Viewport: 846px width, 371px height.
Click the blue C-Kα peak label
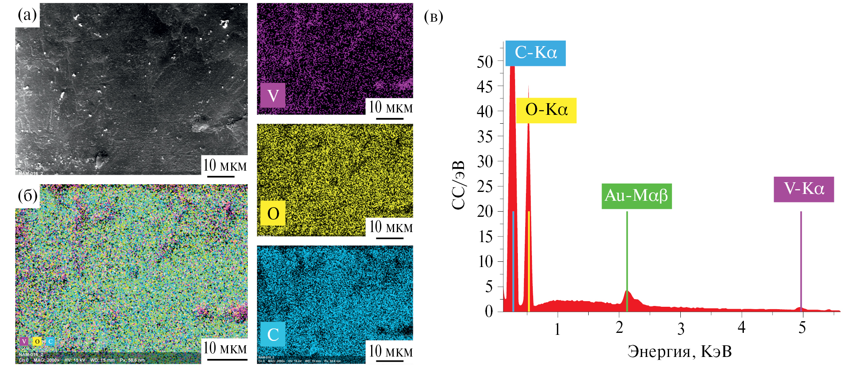pyautogui.click(x=535, y=53)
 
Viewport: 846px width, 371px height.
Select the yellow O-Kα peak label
pyautogui.click(x=546, y=110)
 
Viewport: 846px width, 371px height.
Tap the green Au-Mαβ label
pyautogui.click(x=636, y=196)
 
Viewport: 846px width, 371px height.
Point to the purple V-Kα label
pyautogui.click(x=803, y=189)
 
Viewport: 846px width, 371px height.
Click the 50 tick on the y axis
pyautogui.click(x=485, y=62)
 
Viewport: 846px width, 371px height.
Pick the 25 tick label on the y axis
pyautogui.click(x=485, y=187)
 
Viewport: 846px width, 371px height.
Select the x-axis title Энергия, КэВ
pyautogui.click(x=680, y=351)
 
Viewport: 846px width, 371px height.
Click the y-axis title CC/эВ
pyautogui.click(x=458, y=185)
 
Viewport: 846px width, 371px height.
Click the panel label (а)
pyautogui.click(x=27, y=15)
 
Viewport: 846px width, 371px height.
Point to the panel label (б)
pyautogui.click(x=28, y=196)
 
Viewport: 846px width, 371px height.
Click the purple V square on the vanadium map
pyautogui.click(x=273, y=96)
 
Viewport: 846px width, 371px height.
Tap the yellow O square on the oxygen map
pyautogui.click(x=273, y=213)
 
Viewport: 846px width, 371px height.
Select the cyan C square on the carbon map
pyautogui.click(x=273, y=334)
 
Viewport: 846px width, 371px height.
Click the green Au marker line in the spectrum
pyautogui.click(x=627, y=261)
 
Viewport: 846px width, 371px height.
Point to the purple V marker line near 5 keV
pyautogui.click(x=801, y=261)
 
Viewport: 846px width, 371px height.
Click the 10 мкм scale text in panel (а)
pyautogui.click(x=225, y=165)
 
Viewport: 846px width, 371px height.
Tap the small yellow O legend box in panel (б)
pyautogui.click(x=37, y=342)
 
